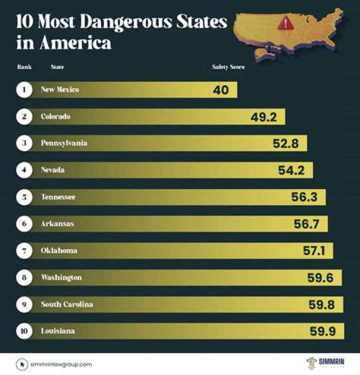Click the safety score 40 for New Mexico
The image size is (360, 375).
click(220, 90)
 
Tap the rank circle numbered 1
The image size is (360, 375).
click(23, 90)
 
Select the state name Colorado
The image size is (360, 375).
click(55, 116)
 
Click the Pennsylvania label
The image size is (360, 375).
click(64, 143)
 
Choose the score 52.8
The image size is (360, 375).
click(286, 144)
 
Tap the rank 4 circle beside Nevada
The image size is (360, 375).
click(23, 170)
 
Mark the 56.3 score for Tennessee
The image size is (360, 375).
click(304, 197)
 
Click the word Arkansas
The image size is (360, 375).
click(57, 224)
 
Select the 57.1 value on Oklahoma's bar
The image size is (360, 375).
click(314, 251)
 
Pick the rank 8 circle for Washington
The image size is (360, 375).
click(23, 277)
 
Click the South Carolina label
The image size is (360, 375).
click(66, 304)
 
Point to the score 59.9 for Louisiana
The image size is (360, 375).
click(322, 331)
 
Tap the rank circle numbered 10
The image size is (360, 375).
click(23, 331)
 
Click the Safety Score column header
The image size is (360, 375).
click(228, 67)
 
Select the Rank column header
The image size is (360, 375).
click(24, 67)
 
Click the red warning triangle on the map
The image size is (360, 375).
click(286, 22)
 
